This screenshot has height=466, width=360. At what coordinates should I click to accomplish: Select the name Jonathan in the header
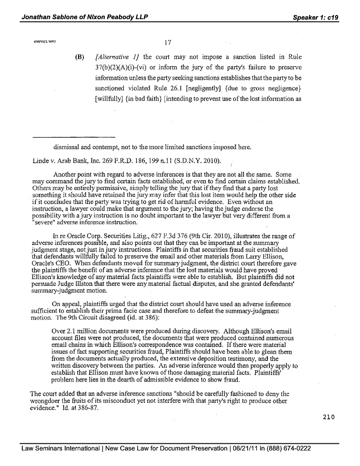tap(37, 17)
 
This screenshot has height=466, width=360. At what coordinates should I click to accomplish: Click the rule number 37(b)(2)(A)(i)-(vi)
tap(125, 67)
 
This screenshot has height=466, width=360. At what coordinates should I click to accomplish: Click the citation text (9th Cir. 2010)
tap(215, 236)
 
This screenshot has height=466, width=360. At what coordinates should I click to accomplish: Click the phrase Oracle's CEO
tap(50, 263)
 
